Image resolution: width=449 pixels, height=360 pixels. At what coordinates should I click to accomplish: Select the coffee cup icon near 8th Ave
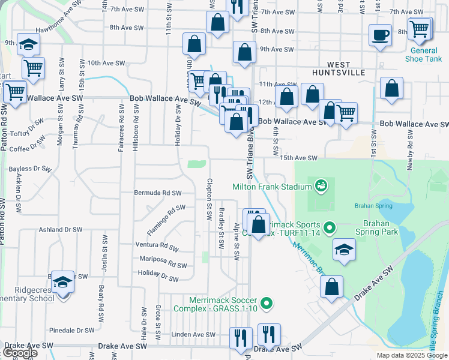tap(381, 35)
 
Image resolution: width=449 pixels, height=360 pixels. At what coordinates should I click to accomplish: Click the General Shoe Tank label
tap(423, 55)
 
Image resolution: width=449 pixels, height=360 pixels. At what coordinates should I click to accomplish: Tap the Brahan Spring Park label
tap(381, 226)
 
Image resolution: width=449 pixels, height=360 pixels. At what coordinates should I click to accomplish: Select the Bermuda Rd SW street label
tap(158, 193)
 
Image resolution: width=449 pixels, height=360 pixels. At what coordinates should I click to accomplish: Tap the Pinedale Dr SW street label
tap(72, 330)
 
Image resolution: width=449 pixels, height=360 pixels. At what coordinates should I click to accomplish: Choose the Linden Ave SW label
tap(193, 334)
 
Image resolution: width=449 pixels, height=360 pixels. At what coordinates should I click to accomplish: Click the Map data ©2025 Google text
tap(412, 355)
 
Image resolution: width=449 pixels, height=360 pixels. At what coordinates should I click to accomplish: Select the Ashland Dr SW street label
tap(60, 230)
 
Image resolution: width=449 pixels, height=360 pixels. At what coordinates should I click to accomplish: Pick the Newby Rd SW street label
tap(411, 155)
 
